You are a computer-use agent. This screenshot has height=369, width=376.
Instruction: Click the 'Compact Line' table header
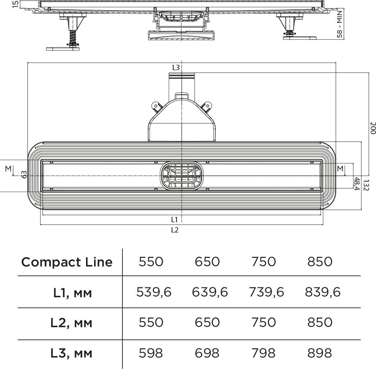pyautogui.click(x=67, y=262)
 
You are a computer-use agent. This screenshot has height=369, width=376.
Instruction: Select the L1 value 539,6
pyautogui.click(x=154, y=292)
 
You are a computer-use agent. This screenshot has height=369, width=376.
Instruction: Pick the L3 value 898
pyautogui.click(x=319, y=353)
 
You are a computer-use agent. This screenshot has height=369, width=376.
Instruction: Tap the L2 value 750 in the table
pyautogui.click(x=263, y=322)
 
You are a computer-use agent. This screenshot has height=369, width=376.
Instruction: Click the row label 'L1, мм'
pyautogui.click(x=72, y=293)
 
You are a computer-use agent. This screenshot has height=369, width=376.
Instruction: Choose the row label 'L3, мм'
pyautogui.click(x=71, y=353)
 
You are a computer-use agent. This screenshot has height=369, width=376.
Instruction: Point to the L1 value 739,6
pyautogui.click(x=266, y=292)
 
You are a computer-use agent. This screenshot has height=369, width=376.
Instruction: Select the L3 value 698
pyautogui.click(x=207, y=353)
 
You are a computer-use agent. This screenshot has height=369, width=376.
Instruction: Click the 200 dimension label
pyautogui.click(x=372, y=128)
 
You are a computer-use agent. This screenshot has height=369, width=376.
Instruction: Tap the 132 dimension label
pyautogui.click(x=366, y=185)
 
